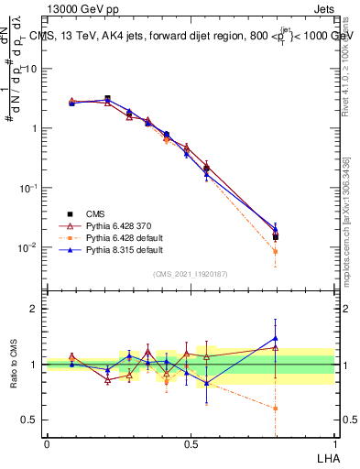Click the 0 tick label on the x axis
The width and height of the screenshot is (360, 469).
point(47,444)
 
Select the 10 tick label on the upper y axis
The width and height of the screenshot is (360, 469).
point(31,69)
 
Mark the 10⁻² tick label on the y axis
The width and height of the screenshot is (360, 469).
point(27,247)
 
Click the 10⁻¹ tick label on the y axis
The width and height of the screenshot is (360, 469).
point(27,188)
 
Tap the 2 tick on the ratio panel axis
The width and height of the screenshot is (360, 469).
point(34,309)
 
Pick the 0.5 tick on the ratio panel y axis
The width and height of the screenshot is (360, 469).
point(29,420)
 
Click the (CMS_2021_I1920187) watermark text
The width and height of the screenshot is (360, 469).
point(191,274)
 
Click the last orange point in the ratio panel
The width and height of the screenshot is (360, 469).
point(276,409)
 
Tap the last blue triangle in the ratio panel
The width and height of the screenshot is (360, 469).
point(276,338)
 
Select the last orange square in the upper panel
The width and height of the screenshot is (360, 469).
point(276,251)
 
